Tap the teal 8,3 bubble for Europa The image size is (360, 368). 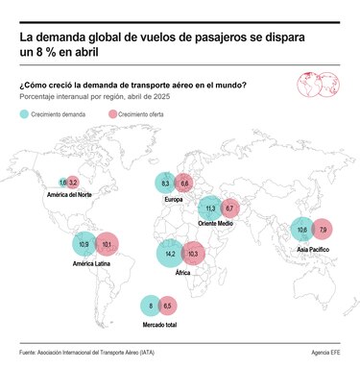pos(165,184)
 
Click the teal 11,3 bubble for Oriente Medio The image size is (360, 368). pos(210,209)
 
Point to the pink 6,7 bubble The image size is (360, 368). pos(229,209)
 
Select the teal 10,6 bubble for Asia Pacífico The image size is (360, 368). pos(301,231)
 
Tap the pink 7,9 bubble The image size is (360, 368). pos(323,231)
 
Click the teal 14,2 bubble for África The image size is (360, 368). pos(171,254)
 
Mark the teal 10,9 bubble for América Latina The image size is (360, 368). pos(84,245)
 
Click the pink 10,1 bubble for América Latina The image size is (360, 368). pos(106,245)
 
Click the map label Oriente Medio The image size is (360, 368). pos(218,224)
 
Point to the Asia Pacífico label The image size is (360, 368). pos(316,248)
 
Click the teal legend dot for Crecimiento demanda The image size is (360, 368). pos(24,113)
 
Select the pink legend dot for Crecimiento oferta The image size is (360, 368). pos(111,113)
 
